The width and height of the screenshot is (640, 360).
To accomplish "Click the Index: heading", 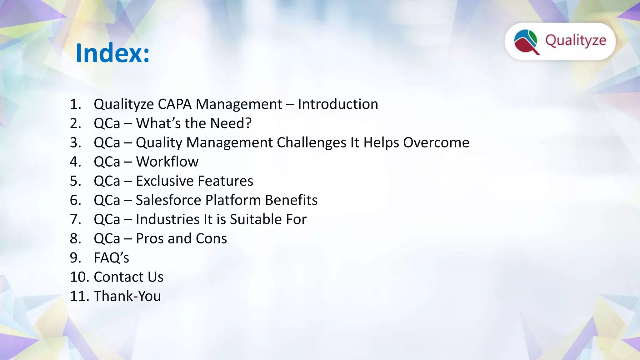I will (112, 53).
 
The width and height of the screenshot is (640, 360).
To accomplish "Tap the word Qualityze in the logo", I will (576, 41).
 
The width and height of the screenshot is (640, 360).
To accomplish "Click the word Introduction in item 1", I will (338, 104).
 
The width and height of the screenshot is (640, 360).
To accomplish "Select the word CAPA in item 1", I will (174, 104).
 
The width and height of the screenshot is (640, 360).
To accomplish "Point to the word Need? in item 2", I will (231, 123).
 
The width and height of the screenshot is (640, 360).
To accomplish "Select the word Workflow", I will (167, 162).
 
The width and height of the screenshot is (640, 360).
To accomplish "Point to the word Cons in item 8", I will (211, 238).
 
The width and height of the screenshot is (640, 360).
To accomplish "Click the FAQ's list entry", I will (111, 258).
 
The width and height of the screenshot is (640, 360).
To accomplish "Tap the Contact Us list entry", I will (128, 277).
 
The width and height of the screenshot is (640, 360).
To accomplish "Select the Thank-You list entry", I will (127, 296).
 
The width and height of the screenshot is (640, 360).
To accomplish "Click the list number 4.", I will (75, 162).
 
